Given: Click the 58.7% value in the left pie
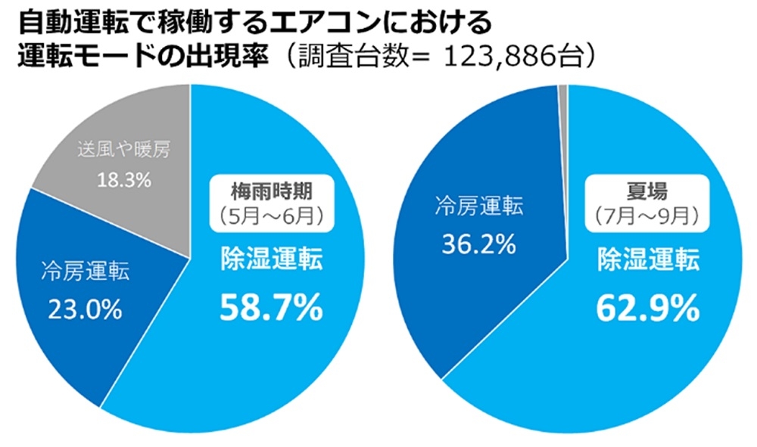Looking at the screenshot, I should [270, 307].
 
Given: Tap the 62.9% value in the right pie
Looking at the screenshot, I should [646, 307].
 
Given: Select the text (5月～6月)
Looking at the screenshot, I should [272, 216].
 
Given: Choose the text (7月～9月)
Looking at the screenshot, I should [646, 216].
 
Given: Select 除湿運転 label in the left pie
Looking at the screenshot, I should [270, 261].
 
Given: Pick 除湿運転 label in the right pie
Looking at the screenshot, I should [646, 261].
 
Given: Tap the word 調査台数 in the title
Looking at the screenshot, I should [344, 57].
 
